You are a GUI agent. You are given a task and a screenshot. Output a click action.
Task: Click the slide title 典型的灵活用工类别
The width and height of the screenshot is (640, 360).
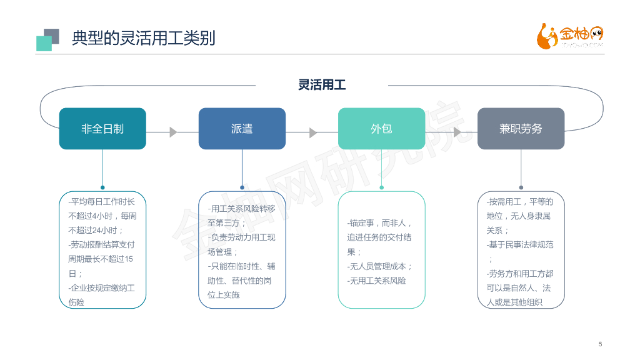[x=143, y=38]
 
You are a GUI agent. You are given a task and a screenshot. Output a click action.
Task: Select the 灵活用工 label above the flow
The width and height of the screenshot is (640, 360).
[x=322, y=85]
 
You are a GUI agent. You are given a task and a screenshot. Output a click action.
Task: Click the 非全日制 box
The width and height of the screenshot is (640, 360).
[x=102, y=129]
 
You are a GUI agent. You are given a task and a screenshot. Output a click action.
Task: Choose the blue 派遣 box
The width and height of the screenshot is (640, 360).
[x=242, y=129]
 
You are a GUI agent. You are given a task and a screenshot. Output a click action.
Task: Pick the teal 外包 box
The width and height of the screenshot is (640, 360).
[x=381, y=129]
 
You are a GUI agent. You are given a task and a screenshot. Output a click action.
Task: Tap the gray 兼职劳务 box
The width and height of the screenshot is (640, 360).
[x=521, y=129]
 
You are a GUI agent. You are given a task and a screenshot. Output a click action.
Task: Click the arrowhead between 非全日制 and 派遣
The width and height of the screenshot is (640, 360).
[x=173, y=132]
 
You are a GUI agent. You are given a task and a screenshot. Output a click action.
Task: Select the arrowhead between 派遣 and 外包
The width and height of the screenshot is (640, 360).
[x=313, y=132]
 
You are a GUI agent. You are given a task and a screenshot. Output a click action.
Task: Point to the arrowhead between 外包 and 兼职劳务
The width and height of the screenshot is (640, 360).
[x=457, y=132]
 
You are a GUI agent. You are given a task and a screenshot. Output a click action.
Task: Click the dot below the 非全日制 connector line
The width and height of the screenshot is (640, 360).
[x=102, y=187]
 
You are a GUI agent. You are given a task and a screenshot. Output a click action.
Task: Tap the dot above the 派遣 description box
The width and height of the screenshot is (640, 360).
[x=242, y=187]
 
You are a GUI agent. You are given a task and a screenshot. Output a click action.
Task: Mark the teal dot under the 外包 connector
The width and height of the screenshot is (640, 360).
[x=381, y=187]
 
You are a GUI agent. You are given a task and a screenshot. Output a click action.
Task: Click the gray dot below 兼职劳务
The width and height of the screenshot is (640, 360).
[x=521, y=187]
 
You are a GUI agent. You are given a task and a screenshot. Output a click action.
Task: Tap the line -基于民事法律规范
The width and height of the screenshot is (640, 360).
[x=520, y=244]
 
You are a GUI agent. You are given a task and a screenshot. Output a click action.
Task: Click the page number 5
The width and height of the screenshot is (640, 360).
[x=601, y=344]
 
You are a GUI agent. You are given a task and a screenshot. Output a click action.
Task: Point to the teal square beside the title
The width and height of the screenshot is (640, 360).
[x=43, y=43]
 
